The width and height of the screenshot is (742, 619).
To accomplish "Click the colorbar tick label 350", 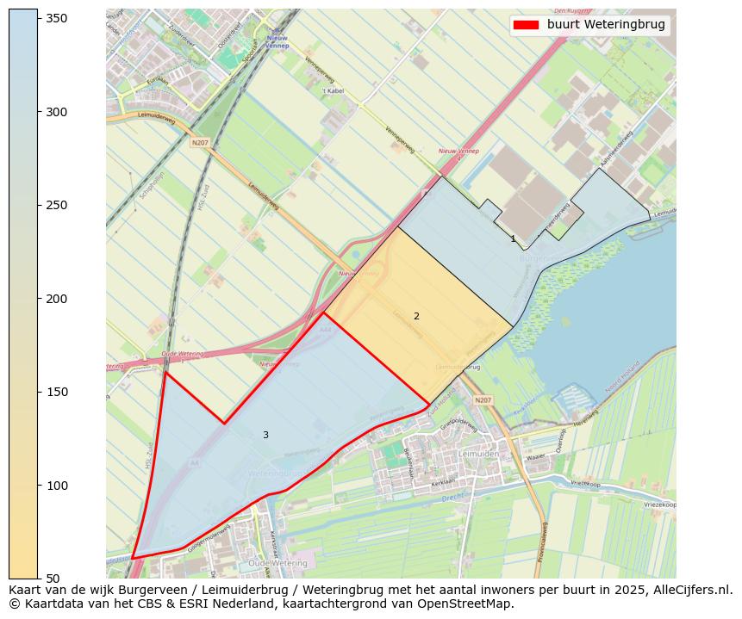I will point(56,19).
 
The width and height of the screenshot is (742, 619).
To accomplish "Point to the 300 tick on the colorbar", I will point(56,112).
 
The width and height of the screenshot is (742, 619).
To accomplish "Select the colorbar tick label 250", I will point(56,205).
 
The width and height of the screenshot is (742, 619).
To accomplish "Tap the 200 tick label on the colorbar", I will point(56,299).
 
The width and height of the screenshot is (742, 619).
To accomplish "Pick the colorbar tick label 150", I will point(56,392).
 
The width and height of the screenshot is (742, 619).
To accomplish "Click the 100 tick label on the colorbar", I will point(56,486).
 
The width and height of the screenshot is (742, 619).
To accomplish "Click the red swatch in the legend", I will point(526,25).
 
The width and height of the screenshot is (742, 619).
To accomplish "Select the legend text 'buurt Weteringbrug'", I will point(606,25).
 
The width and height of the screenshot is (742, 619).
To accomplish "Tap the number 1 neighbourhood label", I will point(513,239).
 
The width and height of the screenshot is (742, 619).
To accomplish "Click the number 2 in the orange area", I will point(416,317).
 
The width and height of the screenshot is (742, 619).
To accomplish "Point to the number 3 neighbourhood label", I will point(265,436).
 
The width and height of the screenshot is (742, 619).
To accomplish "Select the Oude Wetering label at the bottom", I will point(271,563).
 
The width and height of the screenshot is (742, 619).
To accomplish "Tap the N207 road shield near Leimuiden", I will point(483,400).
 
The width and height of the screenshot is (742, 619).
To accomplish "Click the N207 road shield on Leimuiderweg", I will point(200,143).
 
